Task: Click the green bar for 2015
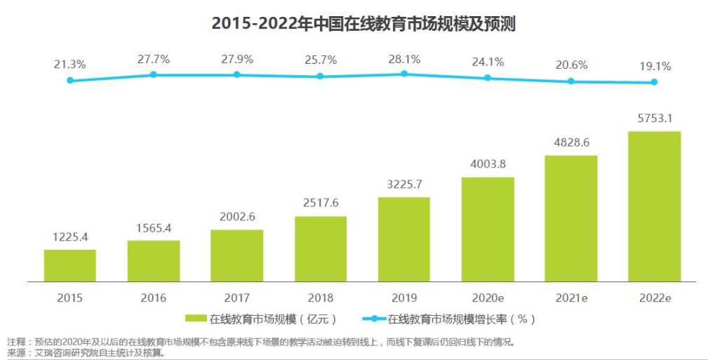point(69,265)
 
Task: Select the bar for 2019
point(403,239)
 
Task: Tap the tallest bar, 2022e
point(654,206)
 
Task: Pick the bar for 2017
point(236,255)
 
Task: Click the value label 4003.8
point(487,164)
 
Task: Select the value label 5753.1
point(654,118)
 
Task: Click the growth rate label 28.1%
point(403,60)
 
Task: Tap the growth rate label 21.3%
point(69,65)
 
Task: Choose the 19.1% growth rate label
point(654,67)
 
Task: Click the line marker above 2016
point(153,74)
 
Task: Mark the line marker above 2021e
point(570,81)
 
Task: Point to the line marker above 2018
point(320,76)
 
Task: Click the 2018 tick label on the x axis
point(320,298)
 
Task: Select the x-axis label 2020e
point(487,298)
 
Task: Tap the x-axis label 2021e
point(570,298)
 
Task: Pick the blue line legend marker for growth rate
point(374,319)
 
